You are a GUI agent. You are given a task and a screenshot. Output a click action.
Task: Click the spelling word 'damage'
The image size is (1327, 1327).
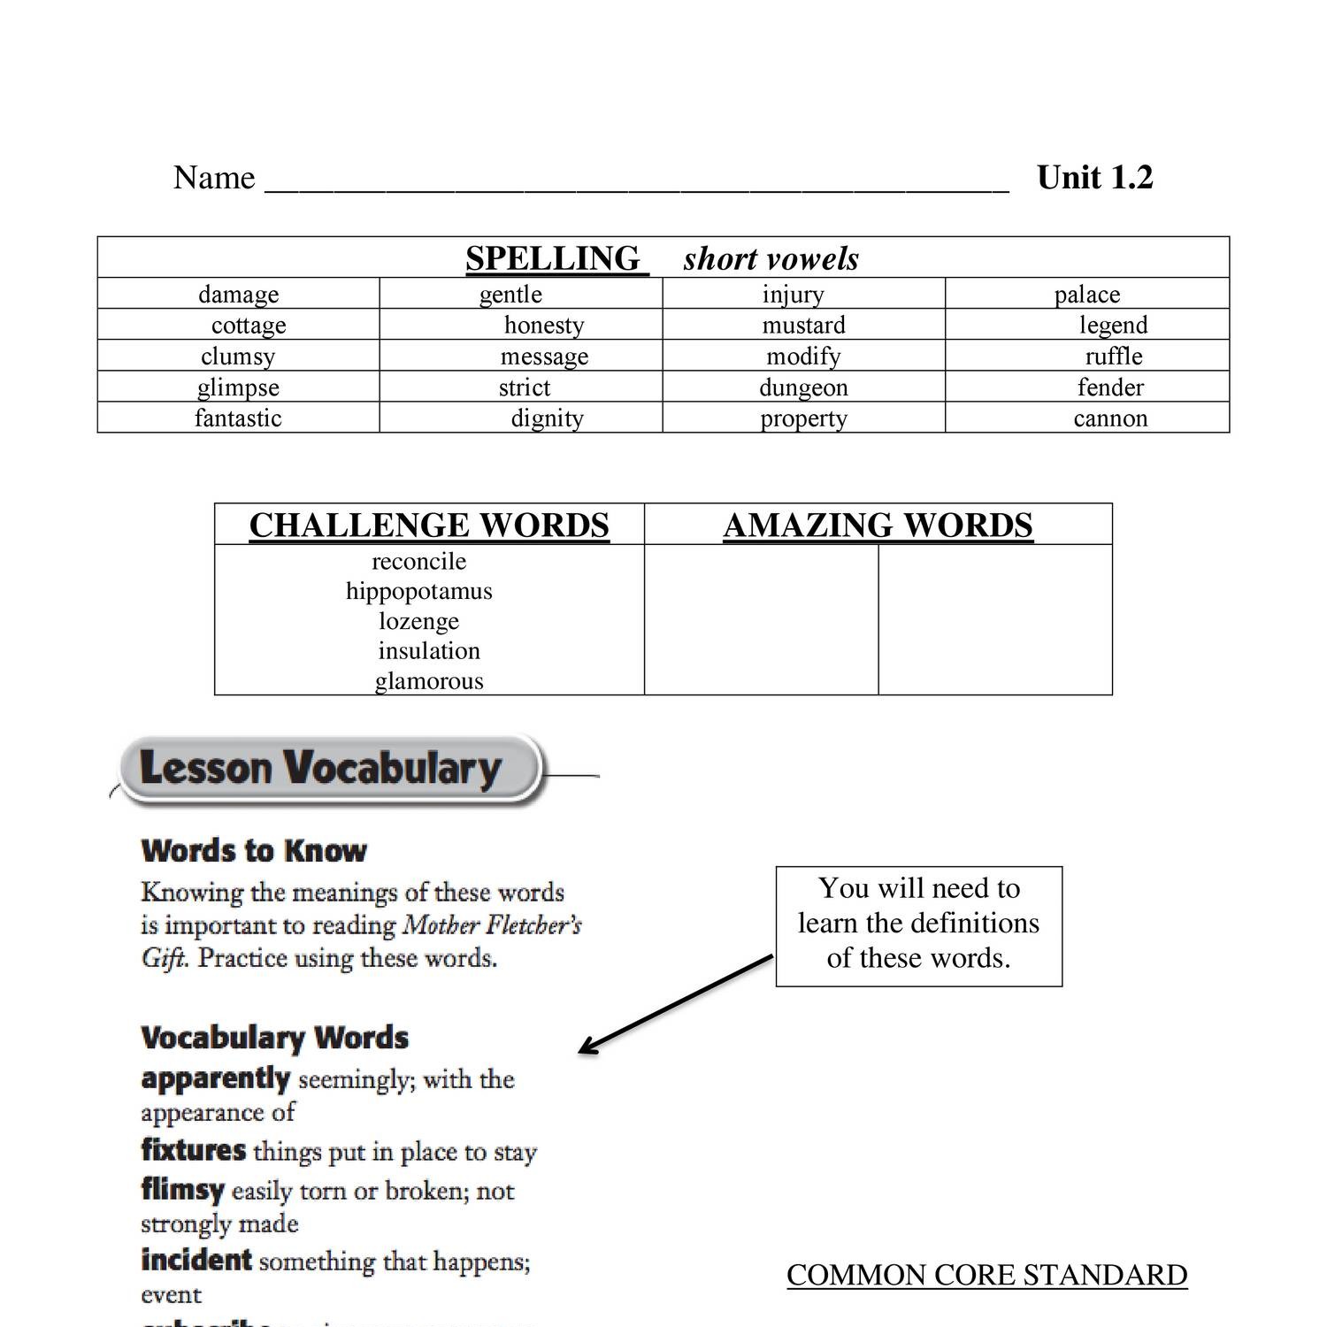click(x=238, y=294)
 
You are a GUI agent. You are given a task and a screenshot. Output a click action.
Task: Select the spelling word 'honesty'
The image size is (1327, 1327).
click(x=544, y=325)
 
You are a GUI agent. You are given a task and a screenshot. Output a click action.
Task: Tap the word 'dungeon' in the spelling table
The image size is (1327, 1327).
click(x=803, y=387)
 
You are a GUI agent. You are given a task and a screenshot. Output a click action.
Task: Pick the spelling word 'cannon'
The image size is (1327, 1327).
click(x=1110, y=418)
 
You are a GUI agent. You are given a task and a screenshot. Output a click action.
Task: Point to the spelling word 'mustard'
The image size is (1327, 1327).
click(x=803, y=325)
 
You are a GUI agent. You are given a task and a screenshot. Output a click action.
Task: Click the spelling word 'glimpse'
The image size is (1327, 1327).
click(x=238, y=387)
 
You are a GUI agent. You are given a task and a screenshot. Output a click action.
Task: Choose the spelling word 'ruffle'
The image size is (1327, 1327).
click(x=1114, y=356)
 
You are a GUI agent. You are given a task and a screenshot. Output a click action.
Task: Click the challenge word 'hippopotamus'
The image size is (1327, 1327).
click(x=418, y=591)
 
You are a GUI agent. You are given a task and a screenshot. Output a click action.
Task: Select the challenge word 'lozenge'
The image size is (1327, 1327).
click(x=418, y=621)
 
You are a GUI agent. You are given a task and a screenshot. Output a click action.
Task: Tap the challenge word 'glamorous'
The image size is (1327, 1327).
click(x=429, y=681)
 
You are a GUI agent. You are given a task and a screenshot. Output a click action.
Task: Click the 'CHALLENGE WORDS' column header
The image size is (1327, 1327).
click(x=429, y=525)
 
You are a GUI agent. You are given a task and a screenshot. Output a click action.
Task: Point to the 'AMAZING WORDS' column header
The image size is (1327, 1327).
click(x=878, y=525)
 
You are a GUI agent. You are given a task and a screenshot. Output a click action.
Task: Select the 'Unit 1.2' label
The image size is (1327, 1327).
click(x=1094, y=178)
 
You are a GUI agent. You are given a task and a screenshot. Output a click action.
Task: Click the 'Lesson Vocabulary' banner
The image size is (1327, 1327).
click(x=320, y=768)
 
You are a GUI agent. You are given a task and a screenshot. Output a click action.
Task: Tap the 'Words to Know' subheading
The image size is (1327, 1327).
click(x=254, y=851)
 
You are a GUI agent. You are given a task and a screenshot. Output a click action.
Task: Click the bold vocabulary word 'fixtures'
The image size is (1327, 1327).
click(x=193, y=1150)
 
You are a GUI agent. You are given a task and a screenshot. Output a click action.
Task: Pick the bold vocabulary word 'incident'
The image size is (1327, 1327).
click(x=196, y=1260)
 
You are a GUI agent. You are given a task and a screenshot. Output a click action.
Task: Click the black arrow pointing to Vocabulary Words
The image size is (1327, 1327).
click(x=674, y=1005)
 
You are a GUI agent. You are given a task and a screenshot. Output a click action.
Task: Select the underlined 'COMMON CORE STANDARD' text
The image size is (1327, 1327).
click(x=986, y=1275)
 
